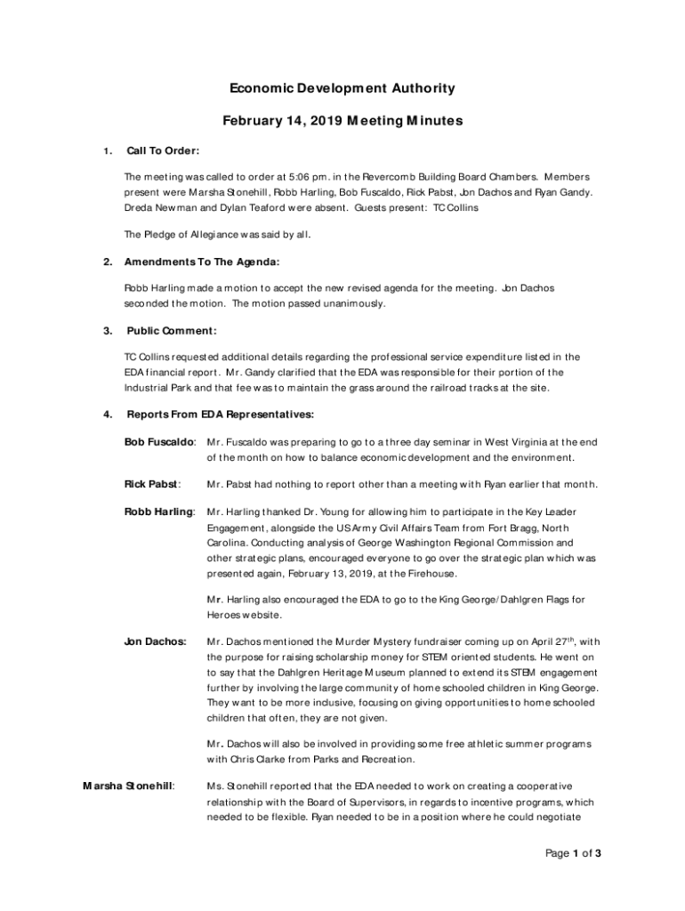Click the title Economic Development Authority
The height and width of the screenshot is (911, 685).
pos(342,88)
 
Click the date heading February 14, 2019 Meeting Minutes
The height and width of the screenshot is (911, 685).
pos(342,121)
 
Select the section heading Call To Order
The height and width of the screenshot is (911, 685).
pos(163,150)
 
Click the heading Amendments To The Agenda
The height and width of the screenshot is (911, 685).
pos(202,262)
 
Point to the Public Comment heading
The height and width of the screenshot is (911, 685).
pos(172,331)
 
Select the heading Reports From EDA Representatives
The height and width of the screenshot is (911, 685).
pos(220,414)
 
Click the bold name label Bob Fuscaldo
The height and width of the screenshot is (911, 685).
pos(159,441)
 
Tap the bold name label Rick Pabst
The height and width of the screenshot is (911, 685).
pos(151,484)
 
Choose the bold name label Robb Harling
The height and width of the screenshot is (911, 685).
pos(159,512)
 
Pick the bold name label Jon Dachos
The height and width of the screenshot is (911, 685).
pos(156,641)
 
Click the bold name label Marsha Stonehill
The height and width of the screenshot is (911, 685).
pos(128,786)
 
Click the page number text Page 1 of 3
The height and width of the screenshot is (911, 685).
pos(574,854)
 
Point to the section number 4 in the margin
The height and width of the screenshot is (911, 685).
pos(107,414)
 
